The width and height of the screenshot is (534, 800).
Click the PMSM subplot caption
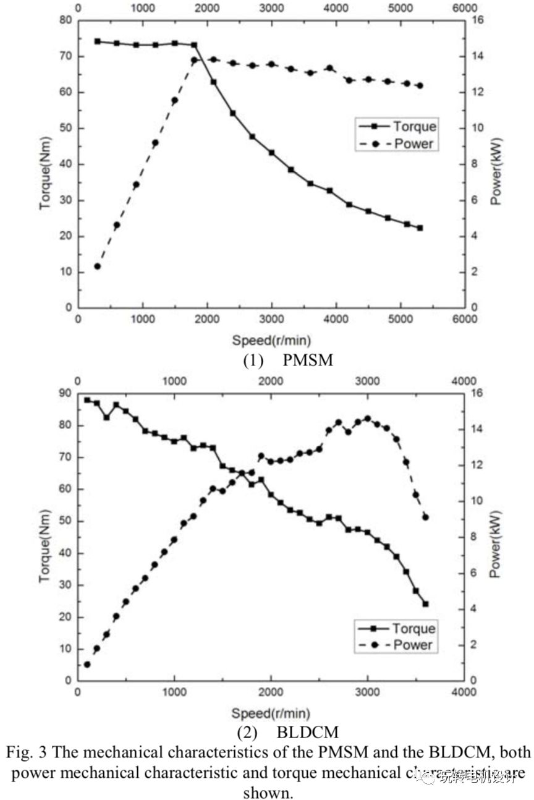pos(287,360)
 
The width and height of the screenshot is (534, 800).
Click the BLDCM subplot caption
pos(288,733)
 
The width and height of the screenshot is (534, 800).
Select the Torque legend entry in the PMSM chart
pos(414,126)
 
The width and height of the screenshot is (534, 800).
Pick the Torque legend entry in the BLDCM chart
pos(413,628)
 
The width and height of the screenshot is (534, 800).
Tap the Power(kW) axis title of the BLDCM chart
pos(494,544)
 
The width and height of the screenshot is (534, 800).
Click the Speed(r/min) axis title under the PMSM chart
pos(271,339)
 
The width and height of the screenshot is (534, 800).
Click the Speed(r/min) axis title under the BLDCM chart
pos(271,713)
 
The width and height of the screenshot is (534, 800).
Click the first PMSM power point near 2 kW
pos(97,266)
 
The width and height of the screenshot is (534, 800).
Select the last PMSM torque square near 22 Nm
pos(420,228)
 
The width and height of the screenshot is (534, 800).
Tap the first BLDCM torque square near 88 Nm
pos(87,400)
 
